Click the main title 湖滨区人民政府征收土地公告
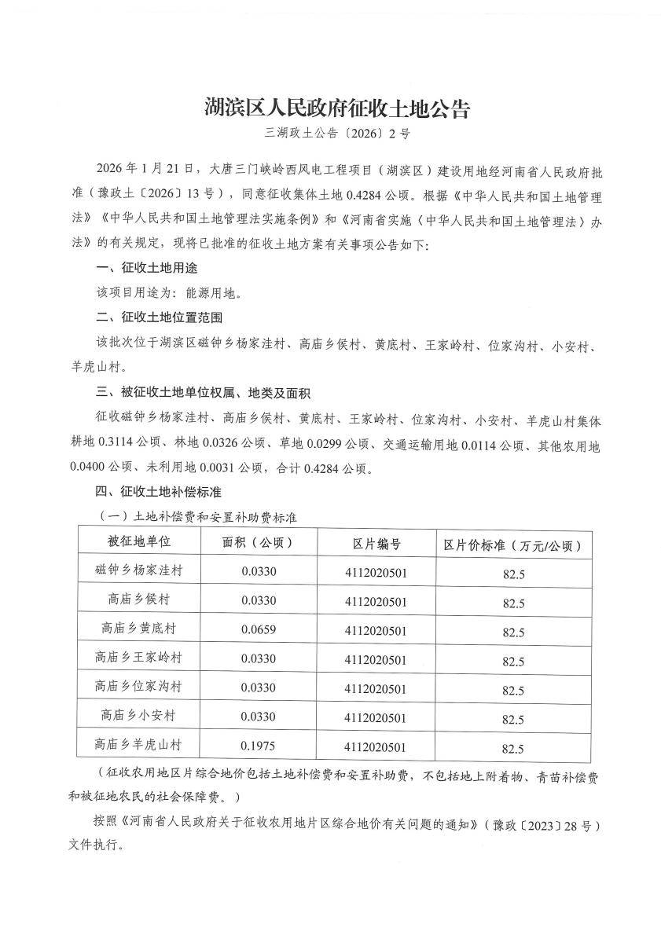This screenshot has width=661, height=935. (337, 108)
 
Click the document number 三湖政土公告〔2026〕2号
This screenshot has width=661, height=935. (337, 134)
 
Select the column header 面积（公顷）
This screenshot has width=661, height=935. (259, 543)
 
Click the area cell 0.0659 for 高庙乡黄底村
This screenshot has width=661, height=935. (259, 629)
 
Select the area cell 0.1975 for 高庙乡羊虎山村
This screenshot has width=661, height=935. (259, 745)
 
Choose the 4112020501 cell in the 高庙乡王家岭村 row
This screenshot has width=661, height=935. (376, 659)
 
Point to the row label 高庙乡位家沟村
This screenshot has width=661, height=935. (138, 687)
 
